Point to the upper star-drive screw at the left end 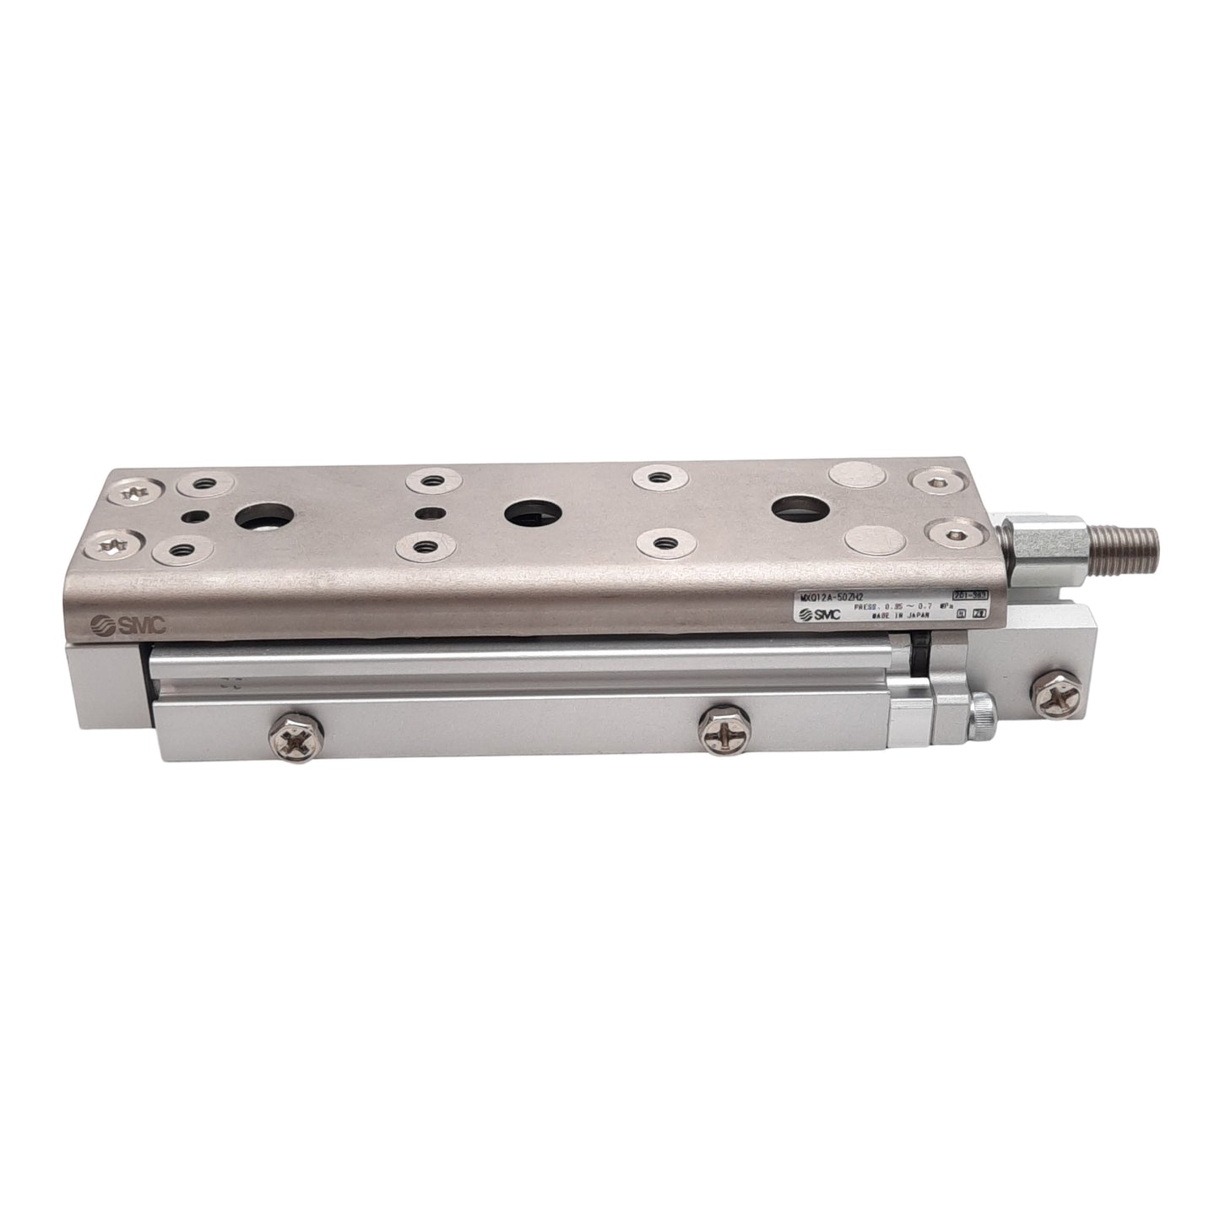coord(133,491)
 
